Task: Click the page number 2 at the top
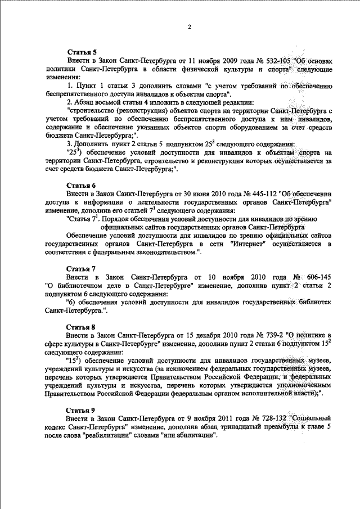(x=190, y=27)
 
